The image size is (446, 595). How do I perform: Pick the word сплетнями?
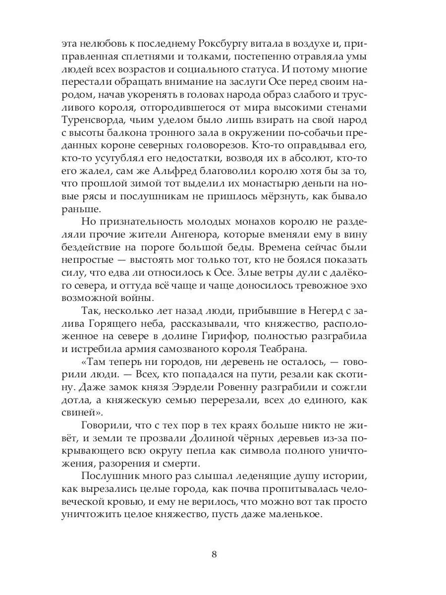coord(166,56)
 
